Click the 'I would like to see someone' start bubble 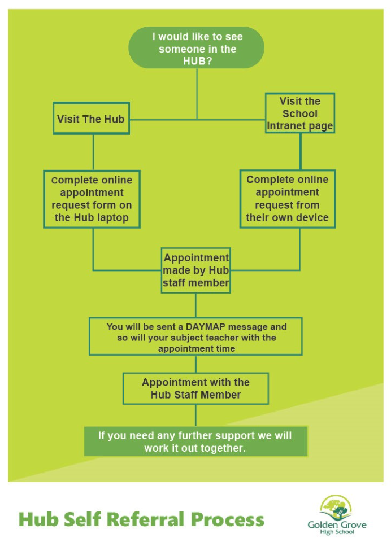pos(197,47)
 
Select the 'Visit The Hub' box pos(91,119)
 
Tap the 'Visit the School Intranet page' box pos(300,113)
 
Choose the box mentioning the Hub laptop pos(92,199)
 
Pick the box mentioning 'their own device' pos(287,199)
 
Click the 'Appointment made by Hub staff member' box pos(195,270)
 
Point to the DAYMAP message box pos(195,337)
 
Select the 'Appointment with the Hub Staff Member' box pos(195,388)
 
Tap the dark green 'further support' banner pos(195,441)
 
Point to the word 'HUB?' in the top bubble pos(197,62)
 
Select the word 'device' pos(312,217)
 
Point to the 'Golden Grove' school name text pos(337,525)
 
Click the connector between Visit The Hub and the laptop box pos(93,152)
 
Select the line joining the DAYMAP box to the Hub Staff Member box pos(195,364)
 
